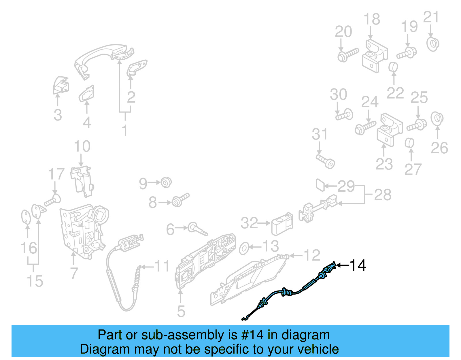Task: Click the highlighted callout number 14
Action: (x=358, y=265)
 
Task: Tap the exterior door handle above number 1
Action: (x=104, y=55)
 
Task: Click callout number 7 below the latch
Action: (x=74, y=273)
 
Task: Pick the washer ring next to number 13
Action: (x=244, y=248)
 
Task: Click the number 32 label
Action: (x=250, y=223)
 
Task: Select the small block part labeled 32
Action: (x=282, y=225)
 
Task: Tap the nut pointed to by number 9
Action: (x=166, y=183)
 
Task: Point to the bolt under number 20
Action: (x=347, y=55)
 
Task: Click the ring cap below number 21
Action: (x=432, y=44)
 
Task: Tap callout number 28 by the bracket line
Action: (x=383, y=195)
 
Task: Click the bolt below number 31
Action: (x=326, y=161)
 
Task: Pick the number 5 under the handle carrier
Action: (x=181, y=311)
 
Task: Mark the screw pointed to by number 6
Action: (x=197, y=229)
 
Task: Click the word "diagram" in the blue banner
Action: (x=305, y=335)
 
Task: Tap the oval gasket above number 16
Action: (x=26, y=217)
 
